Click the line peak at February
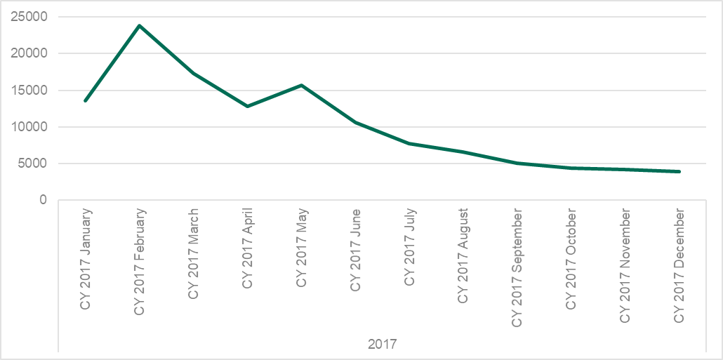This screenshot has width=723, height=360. (140, 26)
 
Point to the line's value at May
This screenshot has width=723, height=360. (301, 85)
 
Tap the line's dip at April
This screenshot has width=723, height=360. (247, 106)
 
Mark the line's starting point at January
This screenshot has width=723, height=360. (86, 100)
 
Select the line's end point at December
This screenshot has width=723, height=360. (679, 171)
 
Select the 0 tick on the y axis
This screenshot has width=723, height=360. (43, 201)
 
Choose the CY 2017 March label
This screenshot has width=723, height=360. (194, 253)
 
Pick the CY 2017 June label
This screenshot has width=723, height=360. (355, 250)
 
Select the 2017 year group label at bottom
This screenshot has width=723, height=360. (383, 345)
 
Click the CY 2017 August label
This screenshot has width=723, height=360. (463, 255)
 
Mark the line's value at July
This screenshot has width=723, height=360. (409, 143)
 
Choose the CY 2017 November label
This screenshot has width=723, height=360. (625, 265)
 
